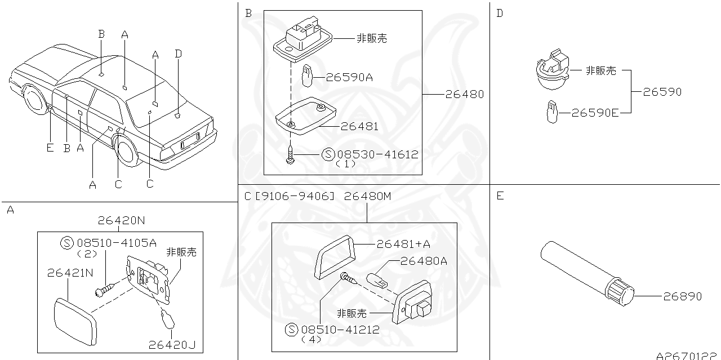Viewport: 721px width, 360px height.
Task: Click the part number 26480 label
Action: (x=464, y=94)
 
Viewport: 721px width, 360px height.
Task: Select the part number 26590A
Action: (x=349, y=77)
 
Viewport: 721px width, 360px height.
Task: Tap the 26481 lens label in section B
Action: (x=359, y=127)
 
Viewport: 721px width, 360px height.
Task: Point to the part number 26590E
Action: (x=595, y=113)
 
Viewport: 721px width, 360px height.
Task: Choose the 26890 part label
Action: (x=682, y=296)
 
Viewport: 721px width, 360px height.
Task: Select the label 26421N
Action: (x=69, y=273)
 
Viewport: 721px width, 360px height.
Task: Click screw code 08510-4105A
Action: (x=117, y=243)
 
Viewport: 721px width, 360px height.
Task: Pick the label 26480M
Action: (x=367, y=196)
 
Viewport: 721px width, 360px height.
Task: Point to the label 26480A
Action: (x=424, y=261)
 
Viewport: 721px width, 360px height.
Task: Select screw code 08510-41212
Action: (x=340, y=330)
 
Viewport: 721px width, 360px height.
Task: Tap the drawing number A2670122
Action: (x=688, y=355)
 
